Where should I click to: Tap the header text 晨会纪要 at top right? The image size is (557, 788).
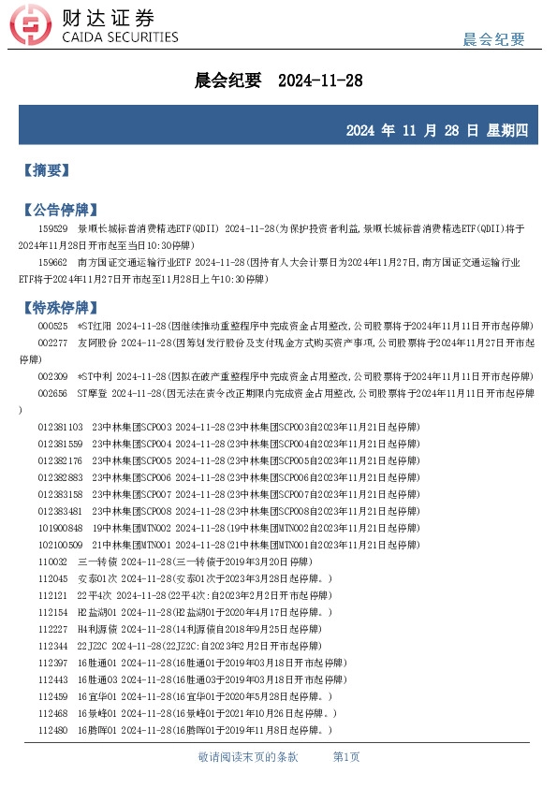click(494, 39)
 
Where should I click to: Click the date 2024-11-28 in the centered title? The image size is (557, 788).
click(320, 81)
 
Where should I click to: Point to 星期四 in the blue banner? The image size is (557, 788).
click(509, 130)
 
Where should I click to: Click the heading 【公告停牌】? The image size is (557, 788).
click(59, 210)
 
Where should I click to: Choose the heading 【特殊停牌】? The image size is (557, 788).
click(59, 307)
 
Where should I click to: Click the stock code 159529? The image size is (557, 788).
click(52, 228)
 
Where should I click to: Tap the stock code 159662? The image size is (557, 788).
click(52, 262)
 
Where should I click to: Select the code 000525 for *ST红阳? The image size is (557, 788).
click(52, 326)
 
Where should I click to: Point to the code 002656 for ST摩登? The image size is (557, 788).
click(52, 393)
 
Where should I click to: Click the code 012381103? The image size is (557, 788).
click(60, 427)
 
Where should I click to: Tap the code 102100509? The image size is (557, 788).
click(60, 545)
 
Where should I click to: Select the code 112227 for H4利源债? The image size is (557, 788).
click(52, 629)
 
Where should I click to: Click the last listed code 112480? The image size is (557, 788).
click(52, 730)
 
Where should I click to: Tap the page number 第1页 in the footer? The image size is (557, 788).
click(346, 756)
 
